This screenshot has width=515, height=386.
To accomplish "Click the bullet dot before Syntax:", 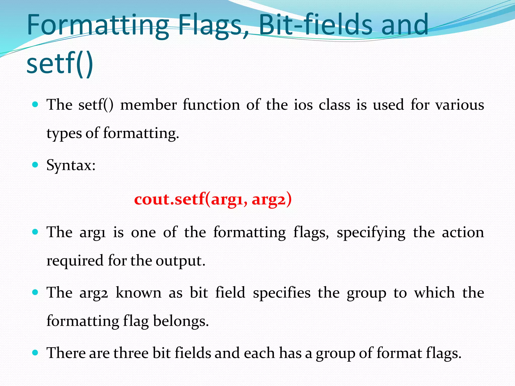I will pyautogui.click(x=35, y=165).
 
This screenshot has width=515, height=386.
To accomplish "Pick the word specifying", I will pyautogui.click(x=371, y=233).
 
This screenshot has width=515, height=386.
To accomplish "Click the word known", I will pyautogui.click(x=139, y=293).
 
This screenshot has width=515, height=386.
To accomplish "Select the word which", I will pyautogui.click(x=435, y=293).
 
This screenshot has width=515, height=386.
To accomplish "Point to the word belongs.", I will pyautogui.click(x=181, y=321).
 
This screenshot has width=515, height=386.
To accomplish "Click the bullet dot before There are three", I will pyautogui.click(x=35, y=353).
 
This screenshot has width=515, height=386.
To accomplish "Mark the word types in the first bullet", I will pyautogui.click(x=64, y=133).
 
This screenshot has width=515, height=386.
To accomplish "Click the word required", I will pyautogui.click(x=75, y=261).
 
